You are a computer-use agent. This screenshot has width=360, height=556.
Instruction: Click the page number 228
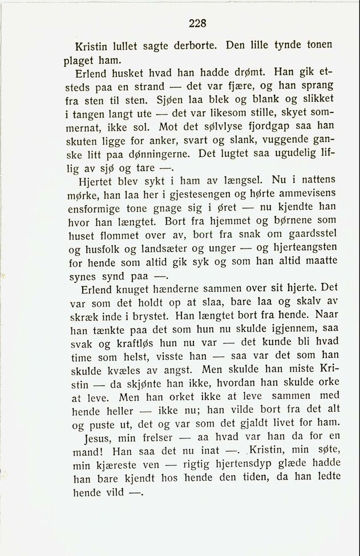coord(196,23)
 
